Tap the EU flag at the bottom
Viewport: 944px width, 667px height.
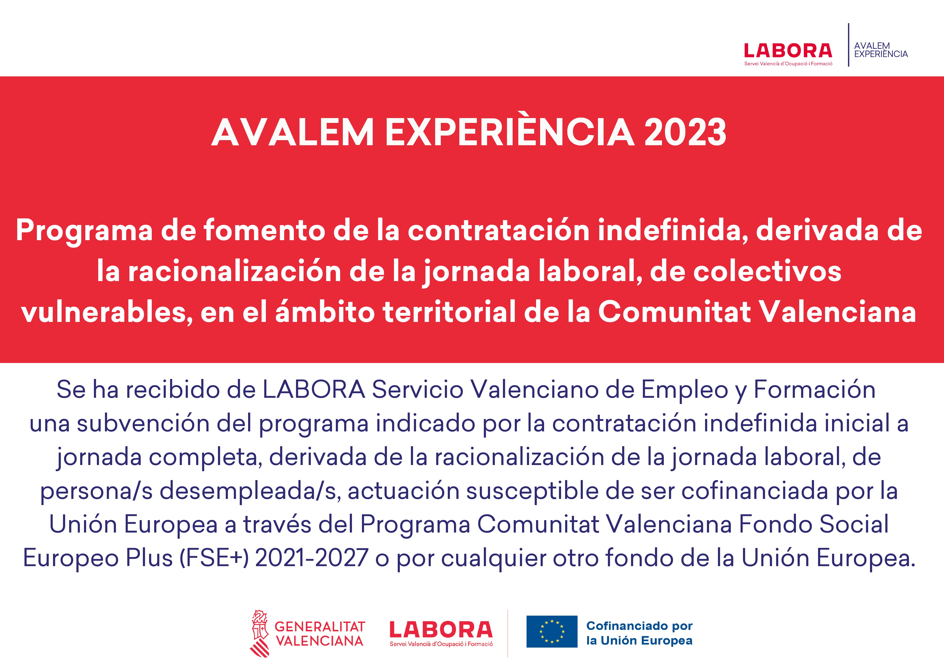tap(552, 632)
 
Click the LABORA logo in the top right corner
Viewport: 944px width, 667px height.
tap(788, 54)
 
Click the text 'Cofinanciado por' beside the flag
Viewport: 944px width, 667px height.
tap(639, 626)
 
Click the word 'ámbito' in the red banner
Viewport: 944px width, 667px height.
tap(325, 312)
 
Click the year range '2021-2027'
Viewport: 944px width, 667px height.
tap(312, 558)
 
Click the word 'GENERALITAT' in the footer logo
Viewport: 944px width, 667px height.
tap(320, 626)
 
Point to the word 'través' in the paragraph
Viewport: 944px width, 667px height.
tap(277, 524)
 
